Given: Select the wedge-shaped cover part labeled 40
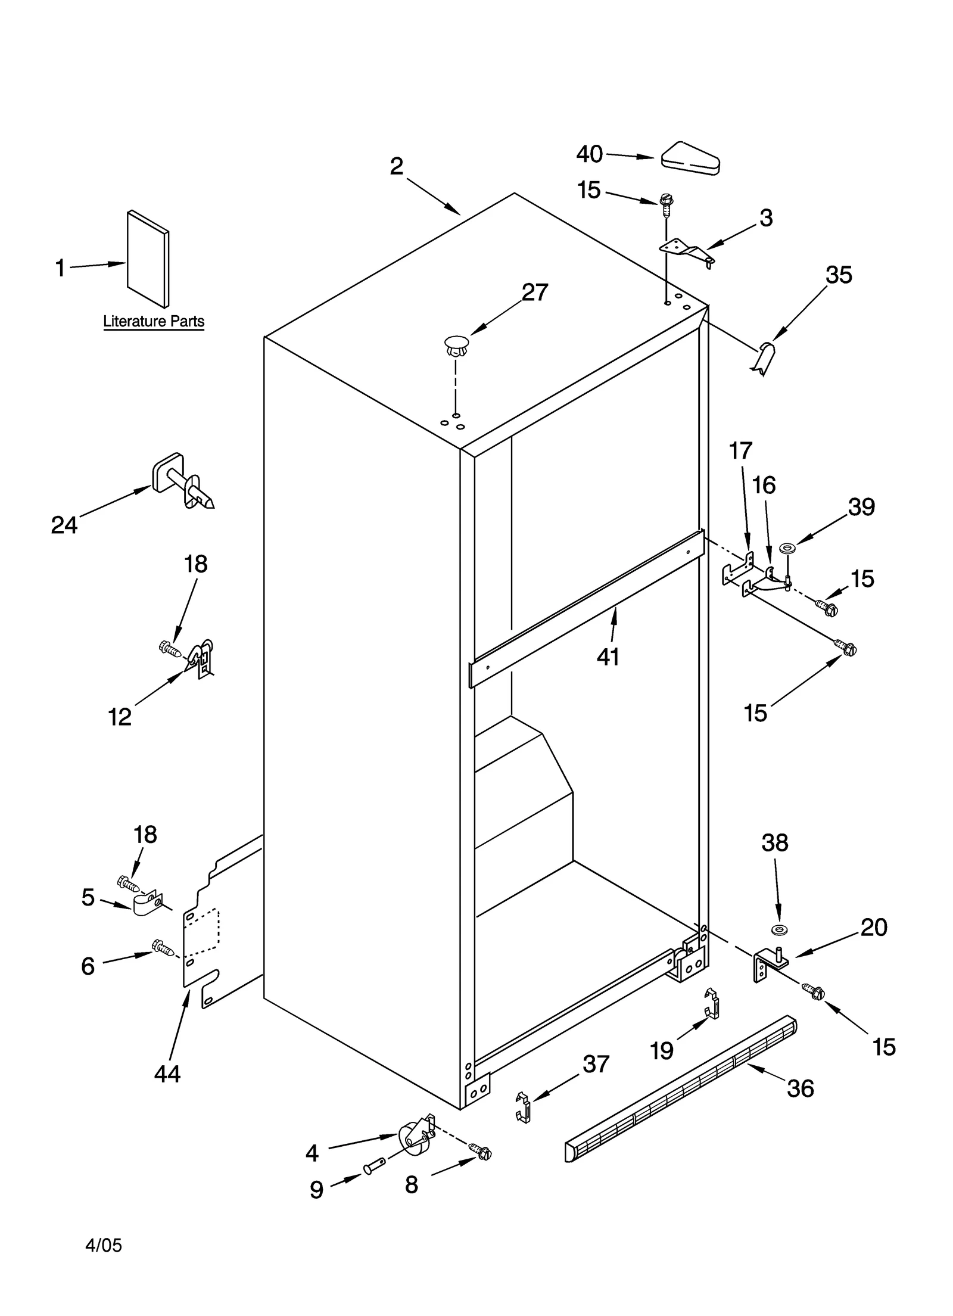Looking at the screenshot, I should tap(690, 159).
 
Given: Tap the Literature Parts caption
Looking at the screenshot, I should tap(154, 322).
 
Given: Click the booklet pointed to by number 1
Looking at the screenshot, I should tap(148, 259).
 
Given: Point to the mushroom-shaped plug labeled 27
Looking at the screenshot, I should tap(456, 346).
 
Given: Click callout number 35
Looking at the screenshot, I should tap(838, 275).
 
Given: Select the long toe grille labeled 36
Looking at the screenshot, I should tap(680, 1090).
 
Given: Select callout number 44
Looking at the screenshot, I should tap(167, 1074).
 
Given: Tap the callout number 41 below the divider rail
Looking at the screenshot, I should tap(608, 657).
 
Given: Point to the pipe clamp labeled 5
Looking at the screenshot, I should tap(146, 905).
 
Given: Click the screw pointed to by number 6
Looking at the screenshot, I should tap(163, 947).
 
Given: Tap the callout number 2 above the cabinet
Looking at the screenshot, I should tap(397, 166).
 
